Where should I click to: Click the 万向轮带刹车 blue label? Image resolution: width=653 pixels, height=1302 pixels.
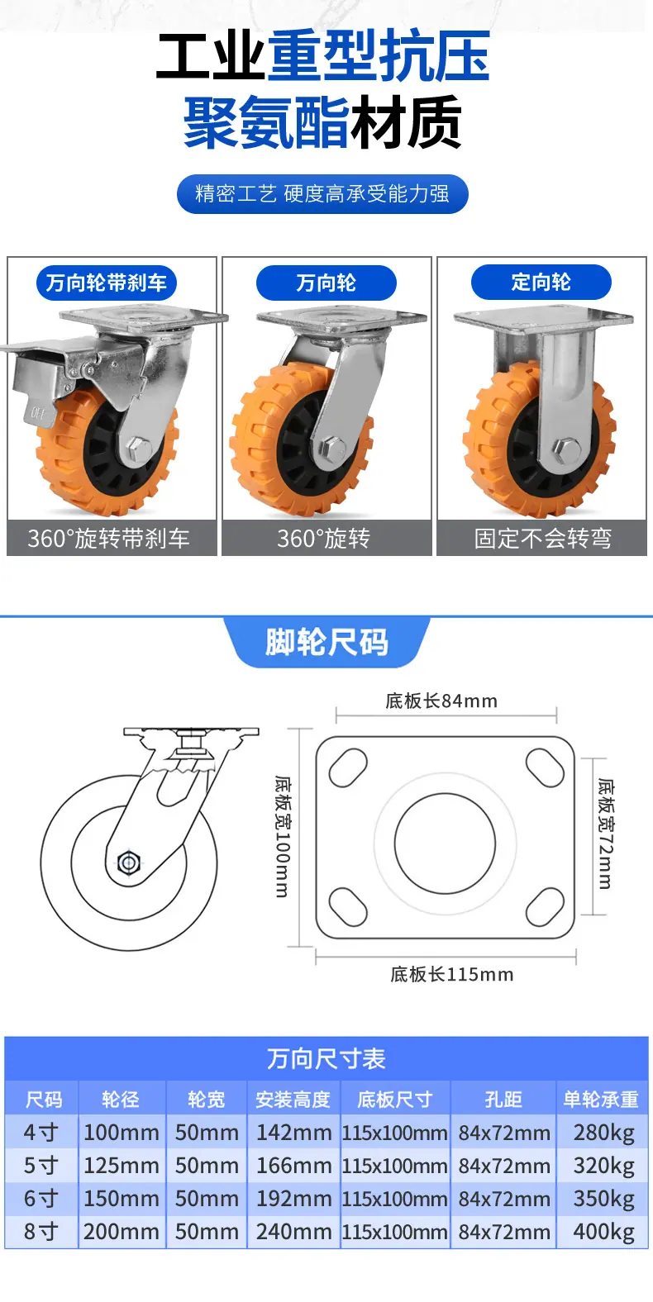click(106, 283)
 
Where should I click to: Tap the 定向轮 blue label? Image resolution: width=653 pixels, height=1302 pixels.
click(541, 282)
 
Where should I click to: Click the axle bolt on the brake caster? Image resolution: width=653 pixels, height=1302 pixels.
click(139, 448)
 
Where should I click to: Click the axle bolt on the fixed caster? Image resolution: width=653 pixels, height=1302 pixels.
click(565, 449)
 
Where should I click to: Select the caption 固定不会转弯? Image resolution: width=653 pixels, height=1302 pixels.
click(542, 539)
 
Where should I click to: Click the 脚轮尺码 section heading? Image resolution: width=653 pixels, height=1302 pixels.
click(326, 642)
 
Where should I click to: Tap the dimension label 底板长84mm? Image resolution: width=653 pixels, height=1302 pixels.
click(441, 701)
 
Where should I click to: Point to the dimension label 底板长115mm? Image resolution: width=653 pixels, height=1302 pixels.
click(452, 974)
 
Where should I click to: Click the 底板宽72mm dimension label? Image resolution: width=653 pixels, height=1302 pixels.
click(605, 834)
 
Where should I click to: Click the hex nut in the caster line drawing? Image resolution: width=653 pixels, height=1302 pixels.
click(128, 862)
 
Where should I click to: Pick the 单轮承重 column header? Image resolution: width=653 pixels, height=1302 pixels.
click(601, 1099)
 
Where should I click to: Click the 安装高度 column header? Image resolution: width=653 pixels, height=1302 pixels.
click(293, 1099)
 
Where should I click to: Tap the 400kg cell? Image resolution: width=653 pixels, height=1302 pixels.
click(603, 1232)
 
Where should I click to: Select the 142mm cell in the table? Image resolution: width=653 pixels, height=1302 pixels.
click(293, 1133)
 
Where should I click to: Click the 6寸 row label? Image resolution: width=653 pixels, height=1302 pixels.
click(41, 1199)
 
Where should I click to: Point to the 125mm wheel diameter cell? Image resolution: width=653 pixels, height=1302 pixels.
click(121, 1166)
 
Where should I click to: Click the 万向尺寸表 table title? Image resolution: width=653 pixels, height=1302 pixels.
click(326, 1058)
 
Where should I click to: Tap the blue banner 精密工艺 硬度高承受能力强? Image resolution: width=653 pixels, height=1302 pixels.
click(322, 193)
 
